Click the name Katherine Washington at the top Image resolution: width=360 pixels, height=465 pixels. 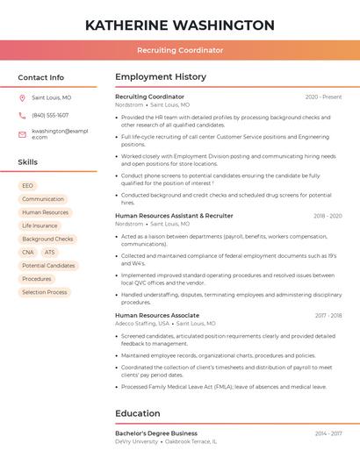click(x=180, y=25)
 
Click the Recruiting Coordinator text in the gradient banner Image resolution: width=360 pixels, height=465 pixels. click(x=180, y=51)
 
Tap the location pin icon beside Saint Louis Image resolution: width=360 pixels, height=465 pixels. click(x=22, y=98)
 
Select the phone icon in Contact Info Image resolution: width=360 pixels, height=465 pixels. click(x=22, y=115)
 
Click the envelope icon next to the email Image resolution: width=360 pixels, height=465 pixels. click(x=22, y=133)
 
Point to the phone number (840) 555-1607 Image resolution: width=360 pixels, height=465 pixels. click(x=50, y=115)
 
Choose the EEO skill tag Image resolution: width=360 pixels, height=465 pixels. click(x=28, y=186)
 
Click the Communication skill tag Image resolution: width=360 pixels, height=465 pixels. click(x=43, y=199)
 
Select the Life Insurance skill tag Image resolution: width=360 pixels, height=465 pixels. click(x=40, y=225)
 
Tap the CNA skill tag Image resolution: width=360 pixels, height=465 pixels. click(x=28, y=252)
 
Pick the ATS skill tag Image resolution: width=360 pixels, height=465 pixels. click(x=49, y=252)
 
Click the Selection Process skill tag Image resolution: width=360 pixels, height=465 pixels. click(x=45, y=292)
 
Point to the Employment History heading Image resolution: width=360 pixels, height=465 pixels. click(x=161, y=77)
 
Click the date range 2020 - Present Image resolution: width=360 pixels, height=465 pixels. click(x=323, y=97)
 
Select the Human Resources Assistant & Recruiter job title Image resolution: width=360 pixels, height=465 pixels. click(x=174, y=215)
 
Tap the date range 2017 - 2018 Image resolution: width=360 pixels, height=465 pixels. click(x=327, y=315)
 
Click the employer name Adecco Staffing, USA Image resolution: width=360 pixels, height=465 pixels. click(x=142, y=323)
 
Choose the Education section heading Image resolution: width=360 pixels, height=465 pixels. click(x=138, y=413)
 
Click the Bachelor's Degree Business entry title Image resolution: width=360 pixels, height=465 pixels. click(x=156, y=433)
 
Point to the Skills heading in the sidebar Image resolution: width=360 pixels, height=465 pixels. click(x=28, y=162)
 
